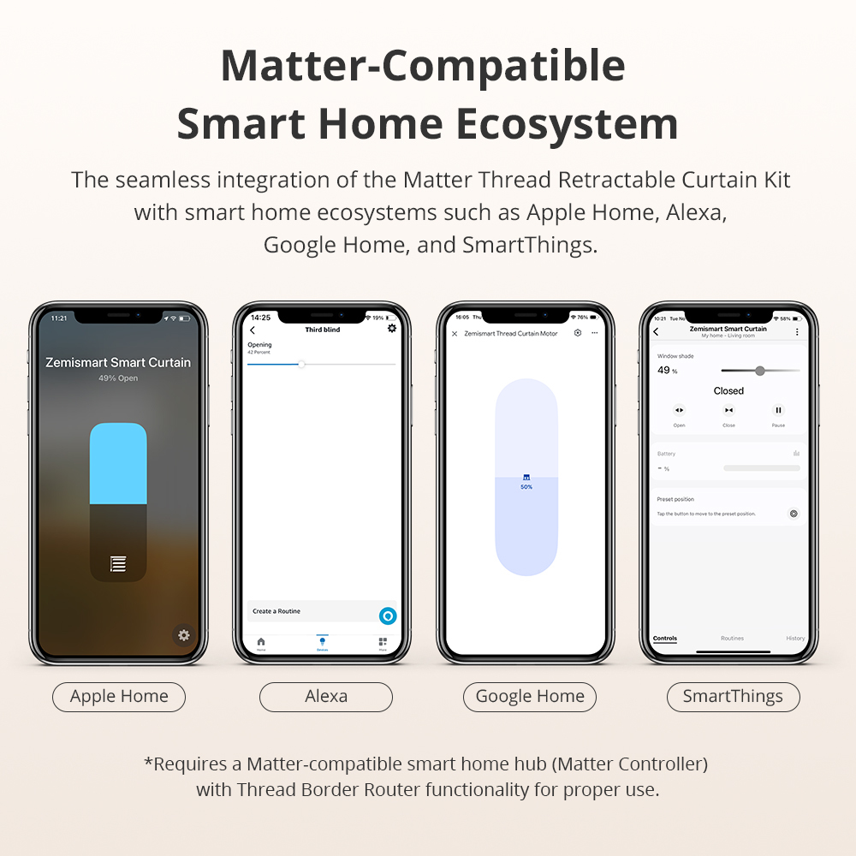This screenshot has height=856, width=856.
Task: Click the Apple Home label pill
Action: coord(119,697)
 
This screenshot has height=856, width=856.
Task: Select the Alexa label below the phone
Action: coord(326,697)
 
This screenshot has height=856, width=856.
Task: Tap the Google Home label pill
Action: coord(530,697)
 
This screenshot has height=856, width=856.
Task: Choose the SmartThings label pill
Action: coord(733,697)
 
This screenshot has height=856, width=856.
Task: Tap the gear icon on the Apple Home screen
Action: coord(183,635)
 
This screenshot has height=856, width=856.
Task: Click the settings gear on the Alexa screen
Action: coord(392,328)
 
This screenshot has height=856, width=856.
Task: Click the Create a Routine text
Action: coord(276,611)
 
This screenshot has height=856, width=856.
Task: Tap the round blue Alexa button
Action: coord(388,615)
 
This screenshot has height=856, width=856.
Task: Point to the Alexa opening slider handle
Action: coord(301,365)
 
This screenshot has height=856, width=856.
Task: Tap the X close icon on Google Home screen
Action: coord(455,334)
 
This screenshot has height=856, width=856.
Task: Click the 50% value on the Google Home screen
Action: coord(526,487)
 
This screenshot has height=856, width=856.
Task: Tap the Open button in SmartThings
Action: coord(679,411)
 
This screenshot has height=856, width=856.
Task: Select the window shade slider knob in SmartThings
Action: coord(759,371)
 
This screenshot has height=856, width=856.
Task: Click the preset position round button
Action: coord(794,514)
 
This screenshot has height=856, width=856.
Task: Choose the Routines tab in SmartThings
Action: coord(732,639)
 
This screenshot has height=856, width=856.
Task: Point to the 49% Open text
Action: coord(118,378)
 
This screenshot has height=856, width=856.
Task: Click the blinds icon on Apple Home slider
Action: coord(118,563)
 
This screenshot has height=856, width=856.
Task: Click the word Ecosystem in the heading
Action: coord(568,124)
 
